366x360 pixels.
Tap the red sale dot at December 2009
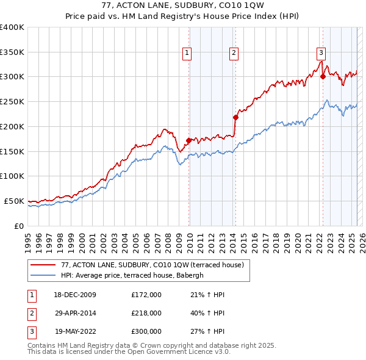tap(188, 140)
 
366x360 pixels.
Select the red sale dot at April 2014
tap(235, 117)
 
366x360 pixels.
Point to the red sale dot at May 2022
tap(323, 76)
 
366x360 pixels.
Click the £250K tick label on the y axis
tap(12, 101)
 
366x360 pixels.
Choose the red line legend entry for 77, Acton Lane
tap(152, 265)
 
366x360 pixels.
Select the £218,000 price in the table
tap(146, 314)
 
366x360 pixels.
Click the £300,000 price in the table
tap(146, 332)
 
